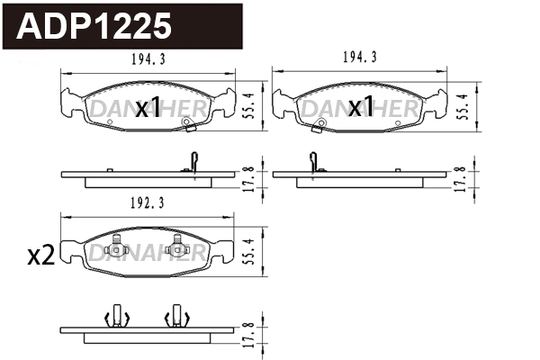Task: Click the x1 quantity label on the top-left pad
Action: point(147,109)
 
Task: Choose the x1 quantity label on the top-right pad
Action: point(360,109)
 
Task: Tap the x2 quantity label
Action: point(40,256)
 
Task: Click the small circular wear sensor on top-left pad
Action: point(186,123)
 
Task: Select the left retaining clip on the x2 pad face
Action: point(114,246)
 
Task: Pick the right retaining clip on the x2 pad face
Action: point(177,246)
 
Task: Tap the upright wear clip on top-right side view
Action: point(312,161)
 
